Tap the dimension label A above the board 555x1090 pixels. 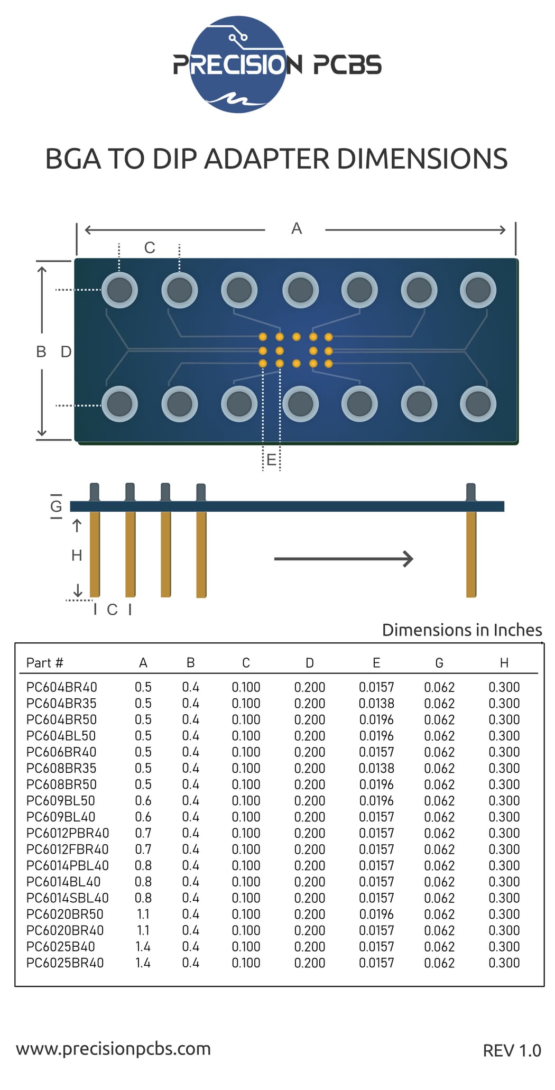(x=297, y=229)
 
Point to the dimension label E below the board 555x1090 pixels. (x=271, y=460)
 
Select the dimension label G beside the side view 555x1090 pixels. (x=56, y=506)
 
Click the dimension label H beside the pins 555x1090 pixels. (x=77, y=555)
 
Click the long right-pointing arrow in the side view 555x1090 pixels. (x=344, y=559)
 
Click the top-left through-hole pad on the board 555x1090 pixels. (x=119, y=290)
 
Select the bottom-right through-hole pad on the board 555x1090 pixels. (x=478, y=404)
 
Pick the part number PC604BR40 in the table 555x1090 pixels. (x=62, y=687)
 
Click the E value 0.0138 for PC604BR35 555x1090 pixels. (x=376, y=704)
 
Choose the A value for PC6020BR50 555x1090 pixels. (x=143, y=914)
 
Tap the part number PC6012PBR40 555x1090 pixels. (x=68, y=833)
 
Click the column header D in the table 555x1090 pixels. (x=310, y=663)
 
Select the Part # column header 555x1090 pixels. (x=45, y=663)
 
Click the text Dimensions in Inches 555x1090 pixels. (x=462, y=630)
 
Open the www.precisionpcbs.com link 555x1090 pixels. (x=113, y=1048)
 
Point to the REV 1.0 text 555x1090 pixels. (x=512, y=1050)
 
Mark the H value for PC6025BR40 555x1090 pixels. (x=504, y=963)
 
